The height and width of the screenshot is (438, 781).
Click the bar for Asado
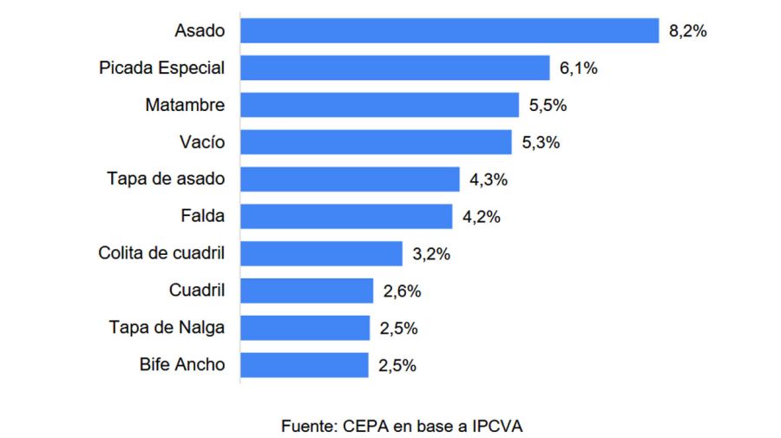click(450, 30)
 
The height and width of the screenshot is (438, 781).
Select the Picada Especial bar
click(395, 68)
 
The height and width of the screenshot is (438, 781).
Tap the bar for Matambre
click(379, 105)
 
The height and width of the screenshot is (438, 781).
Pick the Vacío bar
click(376, 142)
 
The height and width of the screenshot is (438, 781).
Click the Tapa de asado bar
click(350, 180)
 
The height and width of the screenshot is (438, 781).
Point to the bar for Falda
click(346, 217)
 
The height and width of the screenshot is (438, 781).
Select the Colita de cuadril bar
click(321, 254)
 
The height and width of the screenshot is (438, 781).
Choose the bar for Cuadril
click(306, 291)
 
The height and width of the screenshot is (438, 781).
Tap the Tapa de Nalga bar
click(305, 329)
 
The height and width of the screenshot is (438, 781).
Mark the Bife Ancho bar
click(304, 365)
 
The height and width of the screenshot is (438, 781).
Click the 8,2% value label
click(688, 31)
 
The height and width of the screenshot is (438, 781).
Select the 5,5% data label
click(548, 106)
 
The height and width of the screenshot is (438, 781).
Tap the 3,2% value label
click(431, 255)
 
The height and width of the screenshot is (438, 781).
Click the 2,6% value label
click(402, 292)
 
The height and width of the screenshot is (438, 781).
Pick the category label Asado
click(199, 31)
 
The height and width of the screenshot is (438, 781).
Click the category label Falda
click(203, 217)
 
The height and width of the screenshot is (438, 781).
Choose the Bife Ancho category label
click(181, 365)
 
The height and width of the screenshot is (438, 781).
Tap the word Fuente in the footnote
click(309, 426)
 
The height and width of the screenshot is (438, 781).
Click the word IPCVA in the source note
click(498, 426)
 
